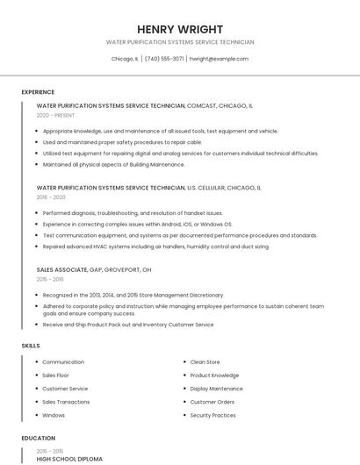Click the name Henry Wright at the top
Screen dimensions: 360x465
pos(180,29)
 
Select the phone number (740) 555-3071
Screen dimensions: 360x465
pos(164,59)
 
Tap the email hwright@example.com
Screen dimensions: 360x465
pos(219,59)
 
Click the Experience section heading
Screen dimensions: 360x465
pos(38,92)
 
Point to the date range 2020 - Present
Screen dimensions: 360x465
pos(54,115)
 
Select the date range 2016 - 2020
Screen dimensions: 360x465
pos(51,197)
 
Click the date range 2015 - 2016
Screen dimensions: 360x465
pos(50,279)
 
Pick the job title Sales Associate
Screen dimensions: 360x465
pos(61,269)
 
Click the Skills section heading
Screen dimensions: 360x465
pos(31,346)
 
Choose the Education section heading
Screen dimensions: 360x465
pos(39,438)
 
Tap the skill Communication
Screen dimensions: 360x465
pos(63,361)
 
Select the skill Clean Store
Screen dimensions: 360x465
pos(205,361)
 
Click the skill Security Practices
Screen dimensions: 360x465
pos(212,415)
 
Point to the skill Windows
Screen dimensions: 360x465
pos(54,415)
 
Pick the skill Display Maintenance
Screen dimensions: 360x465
pos(216,389)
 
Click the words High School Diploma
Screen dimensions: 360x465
pos(69,459)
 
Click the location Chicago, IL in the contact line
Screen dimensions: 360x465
pos(125,59)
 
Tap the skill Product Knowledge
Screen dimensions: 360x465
pos(214,376)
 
